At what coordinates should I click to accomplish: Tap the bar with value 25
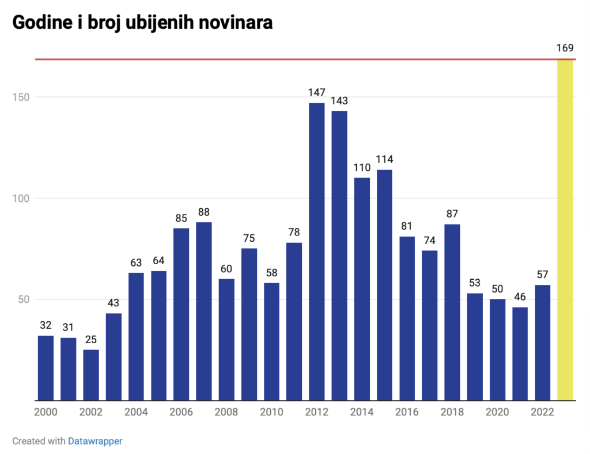91,375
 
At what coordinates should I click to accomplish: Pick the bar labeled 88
204,311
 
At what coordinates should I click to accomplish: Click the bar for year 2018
452,312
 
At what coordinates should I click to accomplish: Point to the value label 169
565,47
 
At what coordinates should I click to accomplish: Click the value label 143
339,101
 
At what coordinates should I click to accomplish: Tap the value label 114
384,159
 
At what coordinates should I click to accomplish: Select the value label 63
136,262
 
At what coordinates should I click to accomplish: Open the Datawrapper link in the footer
95,441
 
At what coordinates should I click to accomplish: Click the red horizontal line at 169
288,59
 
